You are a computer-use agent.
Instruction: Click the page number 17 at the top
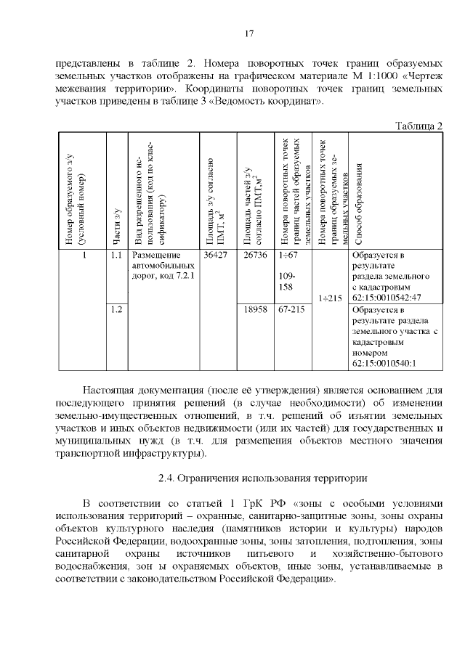[x=248, y=34]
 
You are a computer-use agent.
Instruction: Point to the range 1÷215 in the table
[x=330, y=297]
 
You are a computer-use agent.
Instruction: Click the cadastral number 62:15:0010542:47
[x=386, y=297]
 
